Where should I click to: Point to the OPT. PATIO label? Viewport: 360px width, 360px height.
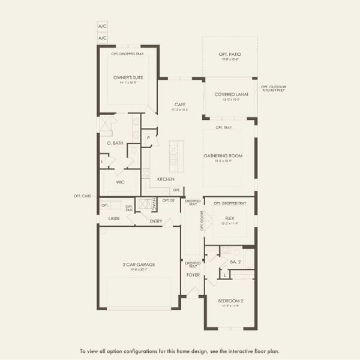pyautogui.click(x=229, y=55)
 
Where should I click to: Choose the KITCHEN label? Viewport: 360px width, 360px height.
pyautogui.click(x=166, y=179)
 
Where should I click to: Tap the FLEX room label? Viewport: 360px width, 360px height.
pyautogui.click(x=230, y=218)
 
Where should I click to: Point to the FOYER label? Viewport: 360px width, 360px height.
pyautogui.click(x=193, y=275)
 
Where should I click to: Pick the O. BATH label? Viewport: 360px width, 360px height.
pyautogui.click(x=115, y=143)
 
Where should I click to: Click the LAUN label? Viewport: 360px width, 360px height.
pyautogui.click(x=115, y=219)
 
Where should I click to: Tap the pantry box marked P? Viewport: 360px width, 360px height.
pyautogui.click(x=148, y=138)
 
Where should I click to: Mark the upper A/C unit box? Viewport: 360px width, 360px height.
pyautogui.click(x=102, y=27)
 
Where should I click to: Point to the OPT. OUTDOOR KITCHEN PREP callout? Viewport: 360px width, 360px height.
pyautogui.click(x=274, y=89)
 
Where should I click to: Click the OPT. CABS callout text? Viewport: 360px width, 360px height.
pyautogui.click(x=82, y=196)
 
